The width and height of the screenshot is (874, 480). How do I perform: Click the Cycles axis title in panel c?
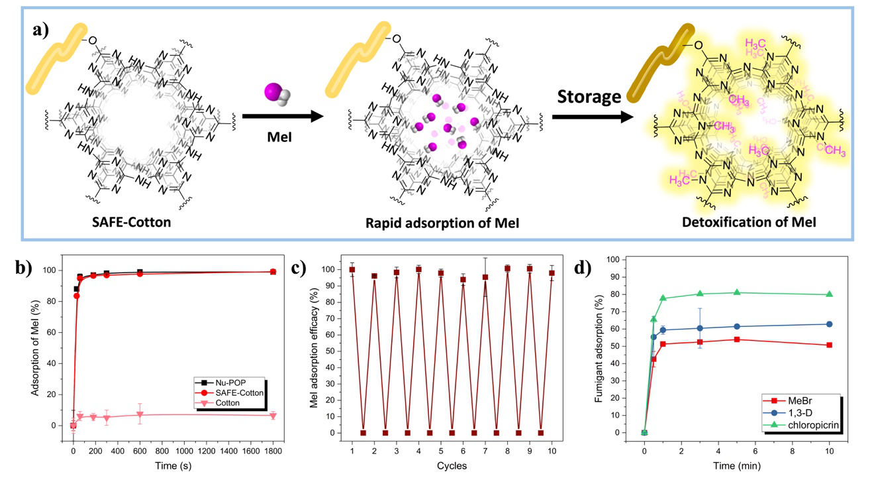pyautogui.click(x=452, y=466)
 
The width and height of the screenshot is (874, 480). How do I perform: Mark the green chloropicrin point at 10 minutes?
pyautogui.click(x=830, y=294)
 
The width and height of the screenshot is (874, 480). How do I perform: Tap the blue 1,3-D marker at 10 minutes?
pyautogui.click(x=830, y=324)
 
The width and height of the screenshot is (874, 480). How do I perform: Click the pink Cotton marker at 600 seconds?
pyautogui.click(x=140, y=414)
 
